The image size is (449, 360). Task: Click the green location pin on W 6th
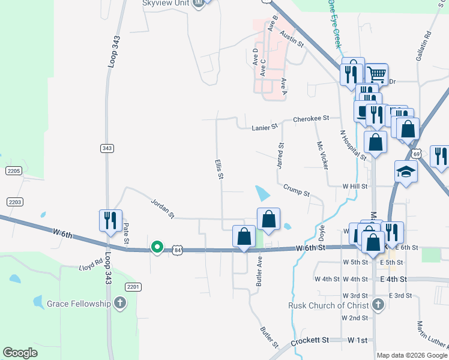pos(157,247)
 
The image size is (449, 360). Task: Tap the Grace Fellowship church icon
pos(120,303)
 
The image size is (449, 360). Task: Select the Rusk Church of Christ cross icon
pos(378,304)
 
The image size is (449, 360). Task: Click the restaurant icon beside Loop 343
pos(110,220)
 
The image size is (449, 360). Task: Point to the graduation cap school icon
pos(406,171)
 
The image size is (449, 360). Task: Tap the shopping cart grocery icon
pos(376,74)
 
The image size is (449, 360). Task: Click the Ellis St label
pos(220,169)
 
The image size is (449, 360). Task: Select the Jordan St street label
pos(162,208)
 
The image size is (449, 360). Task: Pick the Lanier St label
pos(265,126)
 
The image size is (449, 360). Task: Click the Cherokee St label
pos(312,119)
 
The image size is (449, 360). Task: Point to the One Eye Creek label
pos(334,24)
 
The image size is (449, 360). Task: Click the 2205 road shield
pos(14,172)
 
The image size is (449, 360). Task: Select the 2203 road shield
pos(14,202)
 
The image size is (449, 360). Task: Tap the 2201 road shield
pos(133,287)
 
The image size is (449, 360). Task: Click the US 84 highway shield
pos(177,249)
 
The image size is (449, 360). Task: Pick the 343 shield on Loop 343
pos(107,148)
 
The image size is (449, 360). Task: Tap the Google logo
pos(20,353)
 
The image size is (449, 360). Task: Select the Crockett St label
pos(310,340)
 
